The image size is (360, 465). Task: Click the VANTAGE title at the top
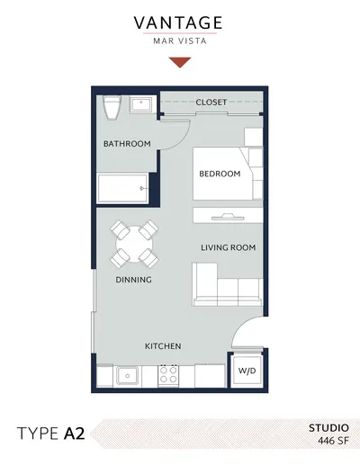[178, 22]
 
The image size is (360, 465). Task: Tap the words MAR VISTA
[180, 41]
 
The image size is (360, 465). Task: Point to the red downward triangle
[180, 62]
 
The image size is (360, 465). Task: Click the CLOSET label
[211, 103]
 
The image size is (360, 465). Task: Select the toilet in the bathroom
[112, 107]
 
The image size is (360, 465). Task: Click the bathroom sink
[141, 104]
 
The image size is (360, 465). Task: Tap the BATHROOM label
[127, 144]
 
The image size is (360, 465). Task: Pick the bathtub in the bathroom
[122, 188]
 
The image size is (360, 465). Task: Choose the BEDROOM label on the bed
[220, 174]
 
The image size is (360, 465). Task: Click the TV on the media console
[228, 217]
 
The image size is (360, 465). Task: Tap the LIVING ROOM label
[229, 247]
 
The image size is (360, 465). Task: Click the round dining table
[134, 244]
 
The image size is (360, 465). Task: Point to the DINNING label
[133, 280]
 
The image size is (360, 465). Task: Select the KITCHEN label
[163, 346]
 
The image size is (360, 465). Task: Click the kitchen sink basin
[128, 375]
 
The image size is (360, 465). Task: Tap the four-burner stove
[168, 375]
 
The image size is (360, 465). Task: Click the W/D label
[247, 371]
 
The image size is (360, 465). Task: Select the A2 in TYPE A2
[74, 434]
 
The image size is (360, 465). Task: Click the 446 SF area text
[334, 441]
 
